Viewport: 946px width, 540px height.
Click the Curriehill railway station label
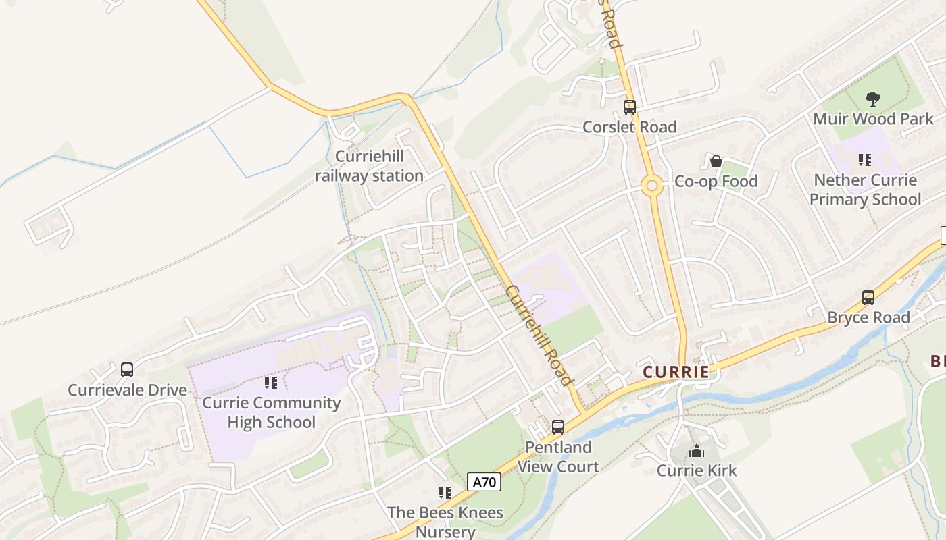click(x=369, y=167)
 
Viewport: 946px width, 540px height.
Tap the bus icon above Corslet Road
click(x=629, y=107)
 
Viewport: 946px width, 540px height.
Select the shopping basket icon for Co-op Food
click(x=716, y=161)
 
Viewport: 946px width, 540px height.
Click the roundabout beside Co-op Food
click(x=652, y=186)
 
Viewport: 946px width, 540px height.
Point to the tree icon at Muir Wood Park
click(x=873, y=99)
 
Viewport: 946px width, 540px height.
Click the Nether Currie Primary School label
click(x=865, y=190)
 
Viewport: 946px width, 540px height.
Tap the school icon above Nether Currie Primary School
click(x=864, y=160)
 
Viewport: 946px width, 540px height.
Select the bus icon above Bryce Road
click(x=868, y=297)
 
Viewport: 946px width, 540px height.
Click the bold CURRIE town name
click(x=676, y=372)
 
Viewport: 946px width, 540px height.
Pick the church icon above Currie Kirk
click(x=697, y=451)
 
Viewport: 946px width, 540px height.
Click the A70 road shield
click(x=484, y=483)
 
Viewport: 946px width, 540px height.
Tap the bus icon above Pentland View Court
click(x=557, y=427)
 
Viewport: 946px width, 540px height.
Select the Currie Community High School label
click(x=272, y=412)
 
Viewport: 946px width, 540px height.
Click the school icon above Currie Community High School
click(x=271, y=383)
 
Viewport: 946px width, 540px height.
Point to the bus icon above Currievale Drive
click(x=126, y=369)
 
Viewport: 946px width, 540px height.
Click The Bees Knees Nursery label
click(x=445, y=522)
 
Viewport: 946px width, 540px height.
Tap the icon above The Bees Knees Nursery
click(x=445, y=492)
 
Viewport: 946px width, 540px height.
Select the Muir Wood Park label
click(x=873, y=119)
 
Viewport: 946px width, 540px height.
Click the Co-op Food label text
click(x=716, y=182)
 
